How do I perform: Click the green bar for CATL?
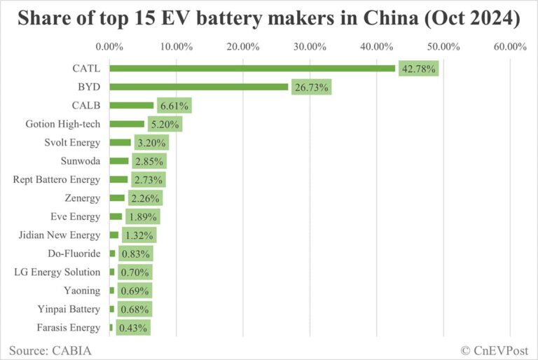coord(252,69)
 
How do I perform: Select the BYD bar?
coord(198,87)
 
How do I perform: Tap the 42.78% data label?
coord(419,69)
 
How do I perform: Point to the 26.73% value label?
coord(312,87)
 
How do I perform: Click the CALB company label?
coord(86,106)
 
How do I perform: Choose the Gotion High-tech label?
coord(63,124)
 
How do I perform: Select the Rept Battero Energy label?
coord(57,179)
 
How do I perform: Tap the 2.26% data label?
coord(144,198)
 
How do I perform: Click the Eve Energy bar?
coord(116,216)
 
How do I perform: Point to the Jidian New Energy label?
coord(60,235)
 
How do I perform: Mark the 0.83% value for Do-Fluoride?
coord(135,254)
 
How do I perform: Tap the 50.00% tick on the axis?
coord(443,47)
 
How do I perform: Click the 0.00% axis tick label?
coord(109,47)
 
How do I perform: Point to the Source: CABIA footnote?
coord(50,348)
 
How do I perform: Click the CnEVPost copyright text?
coord(495,348)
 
